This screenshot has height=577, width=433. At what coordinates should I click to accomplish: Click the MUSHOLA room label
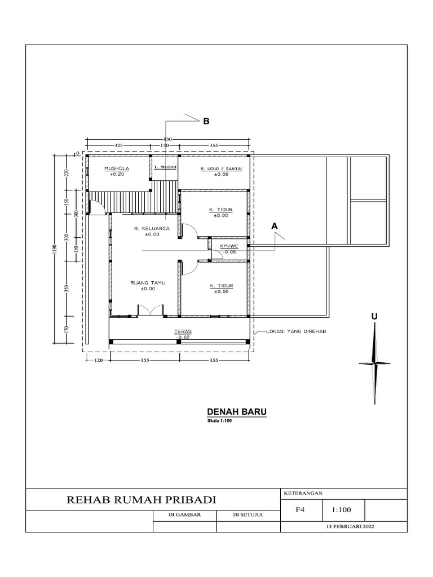(x=117, y=168)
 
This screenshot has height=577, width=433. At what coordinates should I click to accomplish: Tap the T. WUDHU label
(x=165, y=167)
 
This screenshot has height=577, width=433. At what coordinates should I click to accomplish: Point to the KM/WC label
(x=229, y=246)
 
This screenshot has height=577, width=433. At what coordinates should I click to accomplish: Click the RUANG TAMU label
(x=144, y=283)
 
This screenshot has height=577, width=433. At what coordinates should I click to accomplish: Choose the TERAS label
(x=182, y=332)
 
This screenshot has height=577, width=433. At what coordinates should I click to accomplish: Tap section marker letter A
(x=275, y=225)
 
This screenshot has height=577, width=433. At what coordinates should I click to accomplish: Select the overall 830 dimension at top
(x=167, y=139)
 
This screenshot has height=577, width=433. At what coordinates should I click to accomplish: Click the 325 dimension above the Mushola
(x=118, y=145)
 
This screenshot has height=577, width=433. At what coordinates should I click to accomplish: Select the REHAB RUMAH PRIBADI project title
(x=142, y=500)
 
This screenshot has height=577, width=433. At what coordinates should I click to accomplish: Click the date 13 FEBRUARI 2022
(x=350, y=526)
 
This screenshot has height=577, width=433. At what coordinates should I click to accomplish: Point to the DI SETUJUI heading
(x=248, y=514)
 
